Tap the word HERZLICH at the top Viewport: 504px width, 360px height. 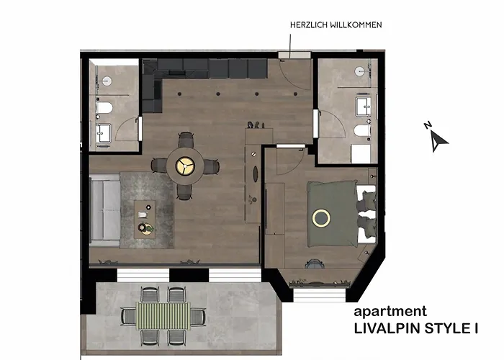tap(308, 24)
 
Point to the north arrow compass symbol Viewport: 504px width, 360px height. tap(437, 138)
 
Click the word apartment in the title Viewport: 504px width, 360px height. tap(390, 312)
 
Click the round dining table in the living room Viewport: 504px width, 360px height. tap(185, 165)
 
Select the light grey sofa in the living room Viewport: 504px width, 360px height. tap(104, 211)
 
